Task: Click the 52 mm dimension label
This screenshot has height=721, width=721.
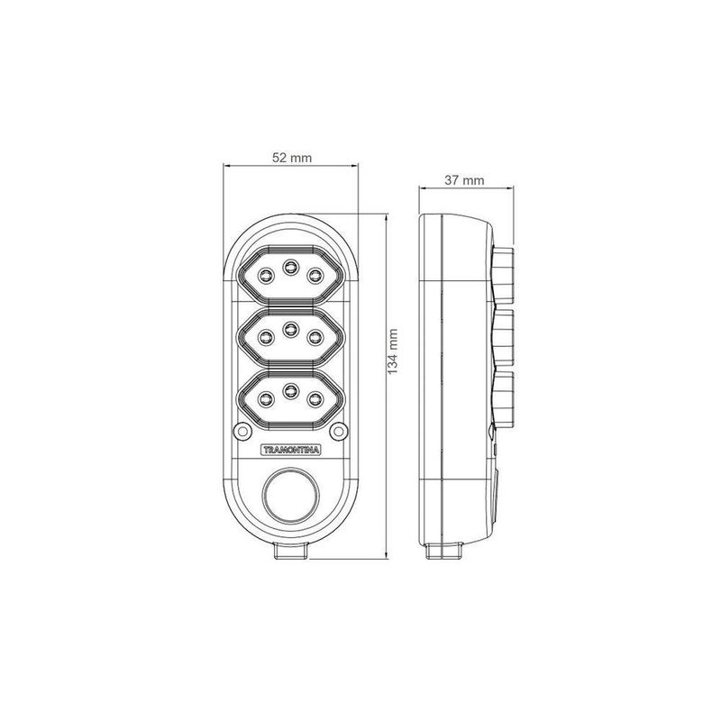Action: tap(292, 158)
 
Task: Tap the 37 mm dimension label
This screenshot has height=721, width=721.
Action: tap(464, 180)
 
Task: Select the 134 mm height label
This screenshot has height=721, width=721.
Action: tap(392, 351)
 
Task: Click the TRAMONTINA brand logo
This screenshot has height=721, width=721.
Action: tap(290, 450)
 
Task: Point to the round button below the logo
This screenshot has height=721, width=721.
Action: tap(290, 495)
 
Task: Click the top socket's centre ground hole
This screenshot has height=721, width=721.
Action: tap(290, 267)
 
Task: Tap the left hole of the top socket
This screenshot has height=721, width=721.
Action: tap(265, 276)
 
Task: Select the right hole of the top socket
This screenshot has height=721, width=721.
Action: tap(315, 276)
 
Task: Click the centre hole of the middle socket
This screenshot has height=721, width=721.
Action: tap(290, 329)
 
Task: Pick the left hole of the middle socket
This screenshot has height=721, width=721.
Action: tap(265, 338)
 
